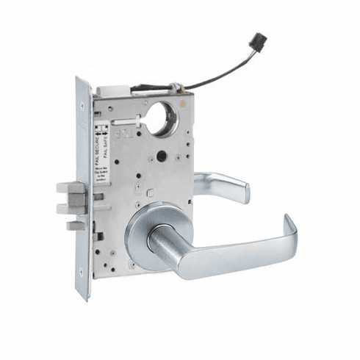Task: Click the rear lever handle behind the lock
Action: [224, 186]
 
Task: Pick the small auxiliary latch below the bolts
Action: [74, 226]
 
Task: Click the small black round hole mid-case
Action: [161, 156]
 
